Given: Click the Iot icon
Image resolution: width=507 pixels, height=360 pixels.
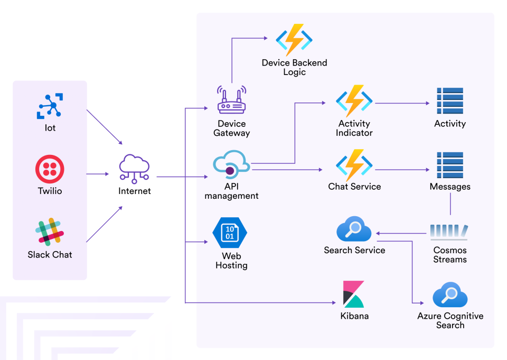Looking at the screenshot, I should click(x=50, y=106).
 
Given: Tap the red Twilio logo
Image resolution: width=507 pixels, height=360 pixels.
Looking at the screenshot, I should click(x=50, y=169).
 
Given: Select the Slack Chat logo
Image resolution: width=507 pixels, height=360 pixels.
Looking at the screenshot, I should click(x=50, y=232).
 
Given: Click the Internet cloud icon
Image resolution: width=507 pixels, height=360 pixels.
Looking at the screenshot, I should click(x=134, y=168).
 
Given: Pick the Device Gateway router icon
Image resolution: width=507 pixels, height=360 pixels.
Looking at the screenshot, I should click(x=231, y=101).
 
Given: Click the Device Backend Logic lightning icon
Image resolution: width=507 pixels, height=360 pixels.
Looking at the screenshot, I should click(x=294, y=40).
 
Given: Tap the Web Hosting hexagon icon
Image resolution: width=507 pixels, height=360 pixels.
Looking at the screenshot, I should click(x=230, y=233).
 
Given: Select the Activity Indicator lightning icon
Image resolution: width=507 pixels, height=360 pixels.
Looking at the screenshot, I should click(x=354, y=101).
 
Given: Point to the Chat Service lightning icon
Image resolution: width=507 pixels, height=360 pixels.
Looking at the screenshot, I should click(x=354, y=165).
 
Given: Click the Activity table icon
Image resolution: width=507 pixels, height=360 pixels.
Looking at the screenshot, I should click(x=450, y=101).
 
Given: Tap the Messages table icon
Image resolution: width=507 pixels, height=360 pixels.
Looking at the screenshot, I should click(x=450, y=165).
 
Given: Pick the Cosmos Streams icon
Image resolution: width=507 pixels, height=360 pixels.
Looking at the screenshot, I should click(x=449, y=232).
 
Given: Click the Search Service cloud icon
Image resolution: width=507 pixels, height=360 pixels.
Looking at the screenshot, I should click(x=354, y=229).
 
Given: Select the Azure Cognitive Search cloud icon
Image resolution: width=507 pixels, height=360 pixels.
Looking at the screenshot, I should click(x=450, y=296).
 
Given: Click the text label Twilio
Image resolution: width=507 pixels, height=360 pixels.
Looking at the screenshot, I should click(x=50, y=191).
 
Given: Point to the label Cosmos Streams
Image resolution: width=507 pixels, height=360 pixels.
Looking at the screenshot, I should click(x=450, y=255).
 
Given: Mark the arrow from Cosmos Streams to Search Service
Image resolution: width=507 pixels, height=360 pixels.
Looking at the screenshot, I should click(x=401, y=233).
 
